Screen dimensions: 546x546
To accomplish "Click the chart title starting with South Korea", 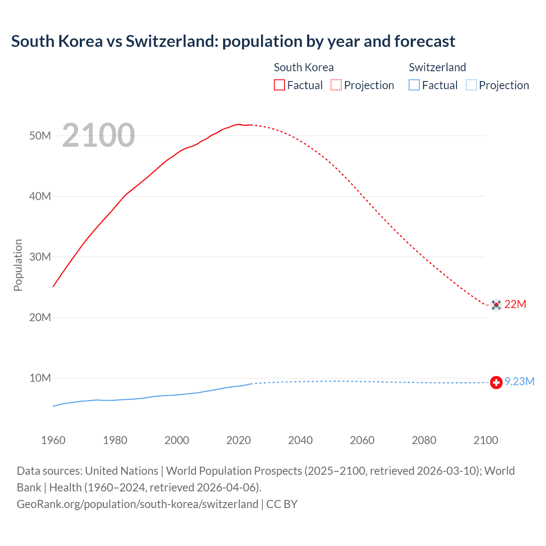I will tap(233, 41).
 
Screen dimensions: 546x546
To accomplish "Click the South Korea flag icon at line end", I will tap(496, 305).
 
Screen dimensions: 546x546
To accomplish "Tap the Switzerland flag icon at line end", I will tap(496, 383).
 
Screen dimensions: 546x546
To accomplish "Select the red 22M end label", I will tap(515, 304).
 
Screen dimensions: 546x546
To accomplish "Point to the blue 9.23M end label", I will tap(520, 381).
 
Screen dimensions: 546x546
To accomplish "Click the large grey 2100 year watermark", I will tap(99, 135).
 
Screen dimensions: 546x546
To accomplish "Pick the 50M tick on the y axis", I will tap(40, 136).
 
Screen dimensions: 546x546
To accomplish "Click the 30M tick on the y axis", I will tap(40, 257).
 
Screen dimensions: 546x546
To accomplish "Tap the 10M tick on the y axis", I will tap(40, 378).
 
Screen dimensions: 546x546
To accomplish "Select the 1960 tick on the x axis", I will tap(53, 440).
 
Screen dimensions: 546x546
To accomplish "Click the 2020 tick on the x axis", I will tap(238, 440).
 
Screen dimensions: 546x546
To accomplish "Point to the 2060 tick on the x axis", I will tap(362, 440).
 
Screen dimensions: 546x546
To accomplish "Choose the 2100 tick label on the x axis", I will tap(485, 440).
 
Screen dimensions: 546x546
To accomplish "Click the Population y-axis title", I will tap(18, 265).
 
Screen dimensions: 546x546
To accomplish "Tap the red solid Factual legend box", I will tap(279, 85).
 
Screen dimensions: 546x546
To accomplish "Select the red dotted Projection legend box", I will tap(336, 85).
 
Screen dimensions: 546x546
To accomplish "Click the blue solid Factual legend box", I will tap(414, 85).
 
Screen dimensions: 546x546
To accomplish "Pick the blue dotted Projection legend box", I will tap(471, 85).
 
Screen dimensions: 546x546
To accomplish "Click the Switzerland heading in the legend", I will tap(437, 67).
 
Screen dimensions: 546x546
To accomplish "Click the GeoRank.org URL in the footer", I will tap(137, 504).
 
